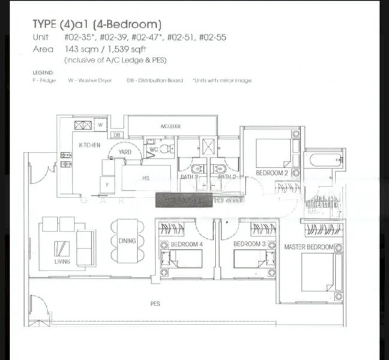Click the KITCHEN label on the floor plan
pyautogui.click(x=89, y=146)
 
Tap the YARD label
pyautogui.click(x=125, y=152)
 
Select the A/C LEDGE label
pyautogui.click(x=171, y=127)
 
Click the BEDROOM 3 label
pyautogui.click(x=249, y=244)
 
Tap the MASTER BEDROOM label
pyautogui.click(x=309, y=247)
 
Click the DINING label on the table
pyautogui.click(x=127, y=241)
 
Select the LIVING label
pyautogui.click(x=61, y=262)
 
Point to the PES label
pyautogui.click(x=155, y=304)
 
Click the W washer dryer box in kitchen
pyautogui.click(x=101, y=125)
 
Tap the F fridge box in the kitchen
pyautogui.click(x=107, y=185)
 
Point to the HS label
pyautogui.click(x=145, y=178)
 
